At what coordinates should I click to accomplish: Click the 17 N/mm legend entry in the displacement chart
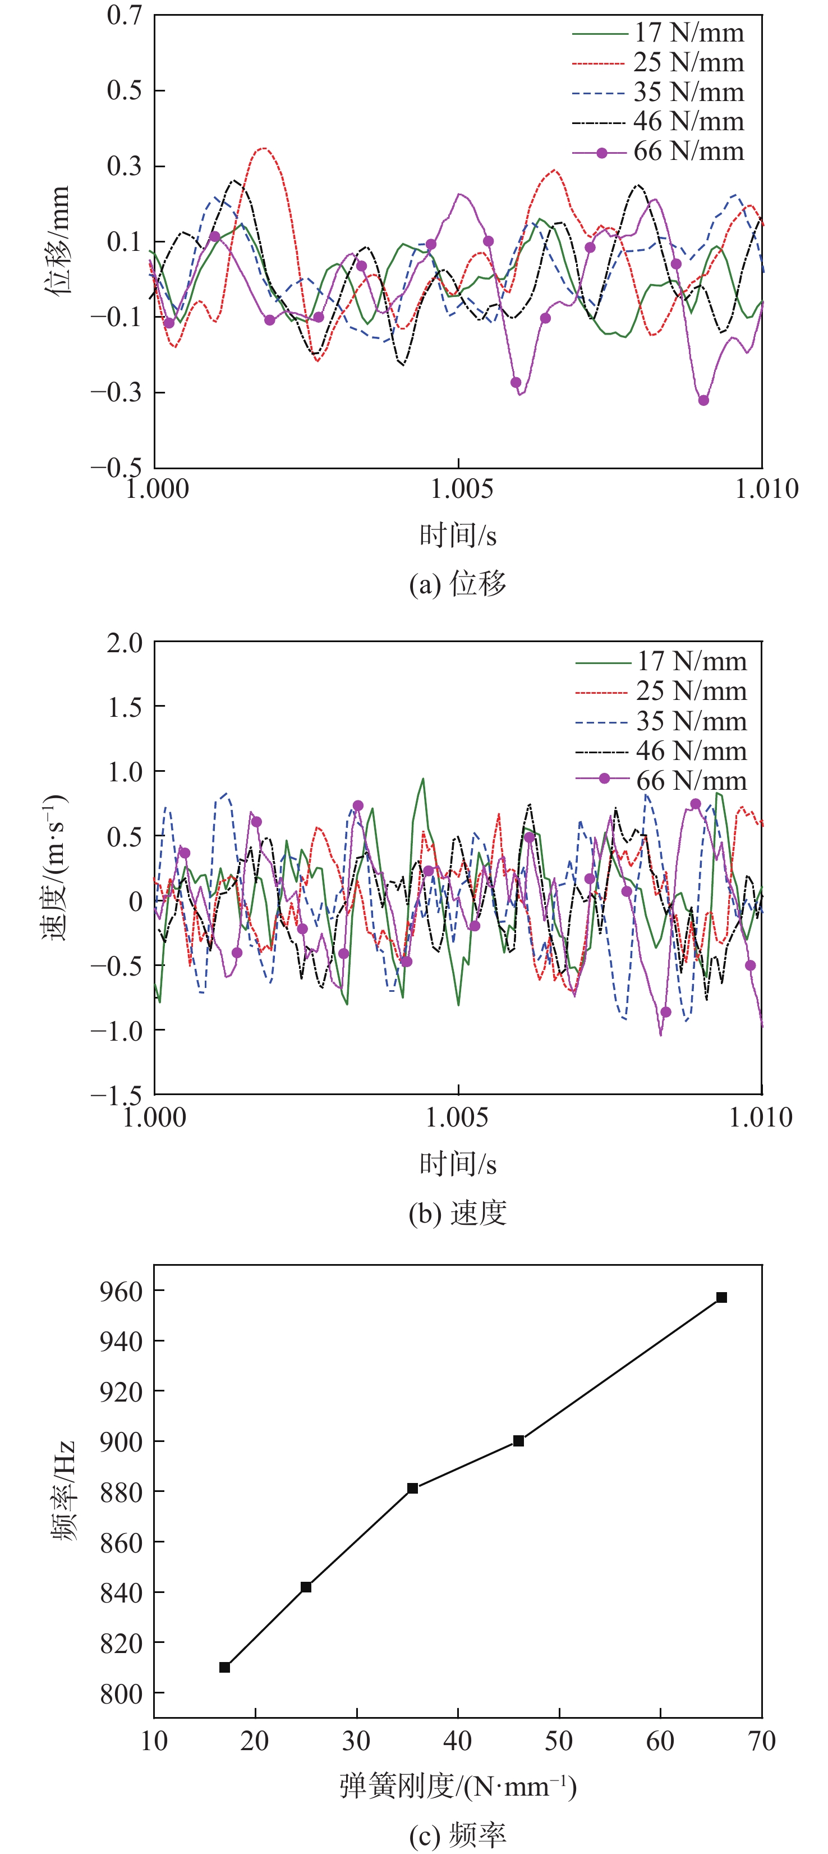(x=657, y=33)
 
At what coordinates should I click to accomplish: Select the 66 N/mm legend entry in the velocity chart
(x=661, y=780)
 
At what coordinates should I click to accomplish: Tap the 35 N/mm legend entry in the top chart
(x=657, y=92)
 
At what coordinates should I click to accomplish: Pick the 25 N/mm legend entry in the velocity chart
(x=661, y=691)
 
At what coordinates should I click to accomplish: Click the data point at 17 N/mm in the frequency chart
(x=224, y=1667)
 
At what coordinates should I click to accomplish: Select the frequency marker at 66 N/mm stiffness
(x=721, y=1297)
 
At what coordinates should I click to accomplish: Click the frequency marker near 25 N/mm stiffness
(x=306, y=1586)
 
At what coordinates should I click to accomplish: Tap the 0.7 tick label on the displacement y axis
(x=125, y=16)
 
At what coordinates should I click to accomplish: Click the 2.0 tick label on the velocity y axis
(x=125, y=643)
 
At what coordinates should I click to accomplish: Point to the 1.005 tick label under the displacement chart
(x=461, y=489)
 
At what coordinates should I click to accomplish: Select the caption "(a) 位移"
(x=458, y=583)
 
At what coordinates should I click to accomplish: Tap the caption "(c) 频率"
(x=458, y=1834)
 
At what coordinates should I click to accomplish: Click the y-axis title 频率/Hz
(x=63, y=1490)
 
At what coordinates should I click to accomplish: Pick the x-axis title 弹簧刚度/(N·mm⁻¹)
(x=458, y=1786)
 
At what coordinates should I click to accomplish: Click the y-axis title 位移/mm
(x=58, y=240)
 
